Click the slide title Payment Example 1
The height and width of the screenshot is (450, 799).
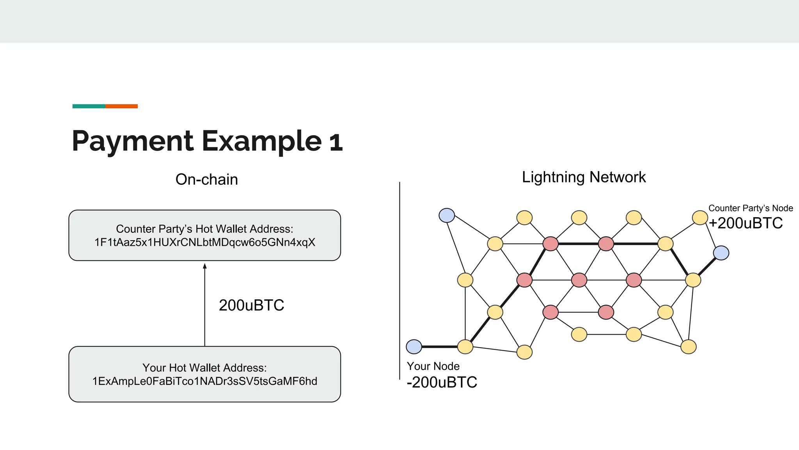[x=207, y=141]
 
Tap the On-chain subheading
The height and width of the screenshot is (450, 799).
[x=206, y=179]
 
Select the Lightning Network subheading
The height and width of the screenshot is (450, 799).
[x=584, y=177]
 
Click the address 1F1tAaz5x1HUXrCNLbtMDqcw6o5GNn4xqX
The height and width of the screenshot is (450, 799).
[x=204, y=242]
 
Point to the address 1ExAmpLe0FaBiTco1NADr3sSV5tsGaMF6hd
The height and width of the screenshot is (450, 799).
[x=204, y=381]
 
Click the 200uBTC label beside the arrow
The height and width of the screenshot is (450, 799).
[x=251, y=305]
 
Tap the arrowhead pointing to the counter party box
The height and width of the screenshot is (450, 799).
[x=205, y=266]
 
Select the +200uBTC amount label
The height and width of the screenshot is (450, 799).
[x=746, y=223]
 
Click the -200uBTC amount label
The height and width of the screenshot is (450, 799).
[x=442, y=382]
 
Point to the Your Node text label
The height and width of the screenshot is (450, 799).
[x=433, y=366]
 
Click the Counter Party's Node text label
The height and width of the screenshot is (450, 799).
[x=750, y=208]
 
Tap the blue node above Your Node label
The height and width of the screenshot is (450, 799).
[x=414, y=346]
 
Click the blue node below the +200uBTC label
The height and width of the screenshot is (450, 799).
[x=721, y=253]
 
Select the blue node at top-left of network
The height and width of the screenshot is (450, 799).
[x=447, y=215]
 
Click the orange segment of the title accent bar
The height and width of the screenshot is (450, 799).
[x=121, y=106]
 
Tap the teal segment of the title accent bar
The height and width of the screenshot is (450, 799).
[x=89, y=106]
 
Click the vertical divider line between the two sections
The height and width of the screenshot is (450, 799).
[x=399, y=281]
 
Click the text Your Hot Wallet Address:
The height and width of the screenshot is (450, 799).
[x=204, y=368]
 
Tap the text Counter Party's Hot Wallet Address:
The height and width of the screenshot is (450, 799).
[x=204, y=229]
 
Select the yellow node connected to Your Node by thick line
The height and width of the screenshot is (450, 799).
[x=465, y=346]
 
